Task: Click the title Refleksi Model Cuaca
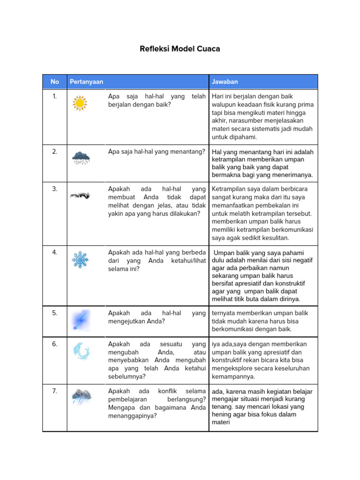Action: point(180,49)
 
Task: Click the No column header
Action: point(55,82)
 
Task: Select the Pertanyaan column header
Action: point(86,82)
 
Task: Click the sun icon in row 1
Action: point(80,103)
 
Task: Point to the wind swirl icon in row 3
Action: point(80,195)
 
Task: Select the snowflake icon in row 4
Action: point(80,259)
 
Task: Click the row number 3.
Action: point(55,189)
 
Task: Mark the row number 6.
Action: point(55,344)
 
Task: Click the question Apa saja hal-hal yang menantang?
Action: point(157,151)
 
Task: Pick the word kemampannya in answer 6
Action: point(233,376)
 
